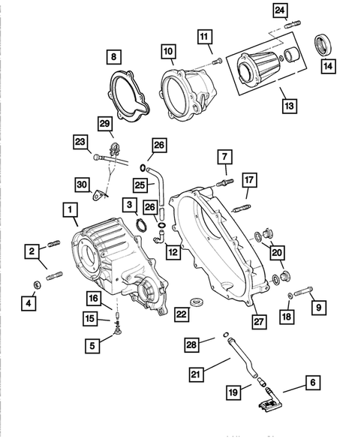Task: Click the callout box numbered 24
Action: [x=279, y=11]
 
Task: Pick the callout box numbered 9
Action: [x=318, y=306]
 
